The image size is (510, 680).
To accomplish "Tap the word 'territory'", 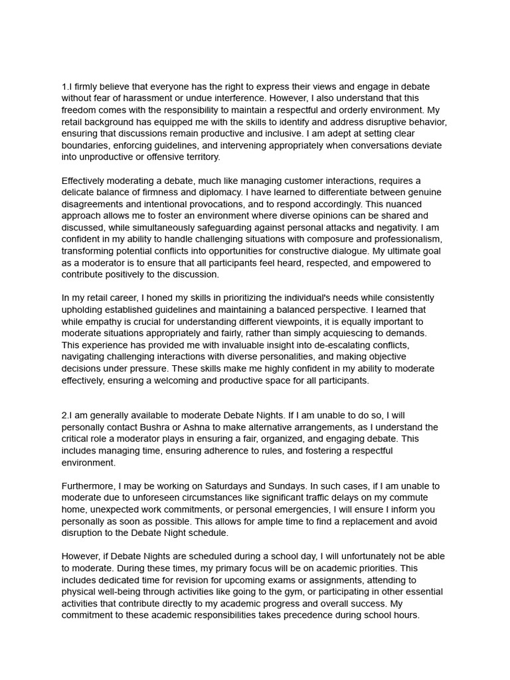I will pos(195,157).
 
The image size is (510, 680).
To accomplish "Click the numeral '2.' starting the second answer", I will pos(65,416).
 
